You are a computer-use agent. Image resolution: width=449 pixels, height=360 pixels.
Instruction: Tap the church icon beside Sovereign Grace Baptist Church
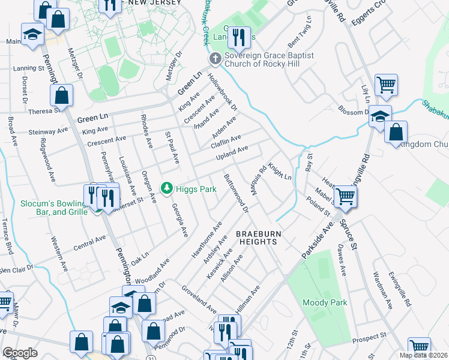[x=215, y=59]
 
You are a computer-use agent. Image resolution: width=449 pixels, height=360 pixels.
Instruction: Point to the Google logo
[x=20, y=353]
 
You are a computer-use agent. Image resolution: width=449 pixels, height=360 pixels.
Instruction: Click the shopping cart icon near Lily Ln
[x=387, y=84]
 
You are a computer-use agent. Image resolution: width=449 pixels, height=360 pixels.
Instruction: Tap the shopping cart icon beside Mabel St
[x=345, y=195]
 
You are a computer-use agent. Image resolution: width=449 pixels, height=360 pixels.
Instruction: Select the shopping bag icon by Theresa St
[x=61, y=95]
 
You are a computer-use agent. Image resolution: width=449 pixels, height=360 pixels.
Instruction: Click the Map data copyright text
[x=423, y=355]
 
